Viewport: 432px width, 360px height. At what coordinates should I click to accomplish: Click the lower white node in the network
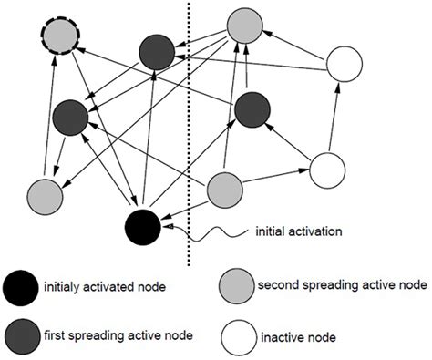328,170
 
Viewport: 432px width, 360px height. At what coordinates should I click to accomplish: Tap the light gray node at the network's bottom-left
45,195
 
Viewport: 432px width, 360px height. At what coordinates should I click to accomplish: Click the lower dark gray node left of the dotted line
70,117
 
